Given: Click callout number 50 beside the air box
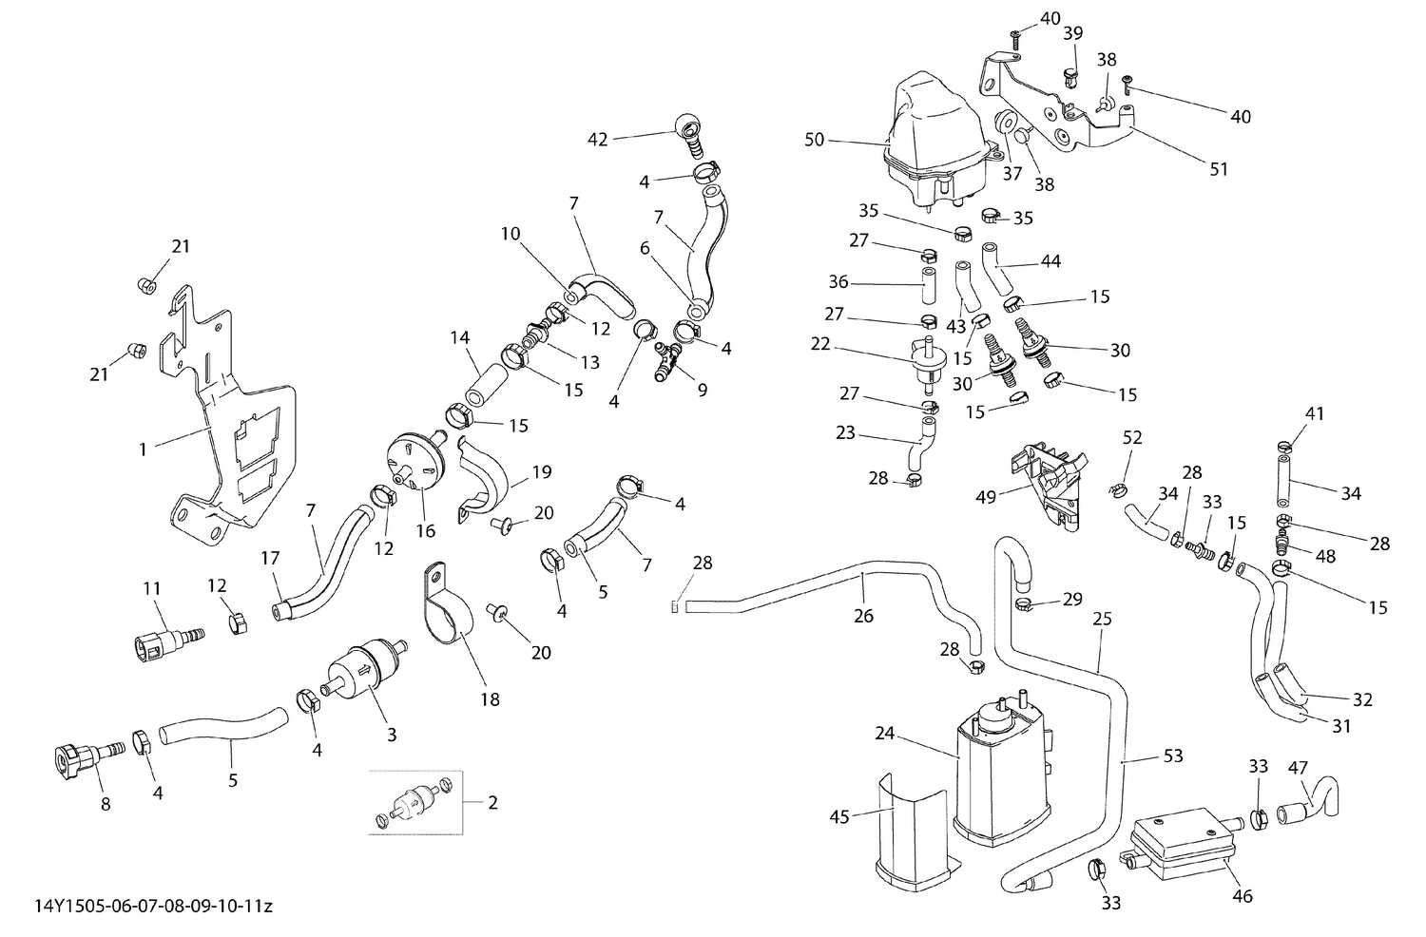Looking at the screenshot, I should [814, 141].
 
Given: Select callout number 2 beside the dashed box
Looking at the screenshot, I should [492, 802].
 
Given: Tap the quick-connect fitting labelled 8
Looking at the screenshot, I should [81, 759].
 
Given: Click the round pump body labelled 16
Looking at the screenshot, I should [416, 460].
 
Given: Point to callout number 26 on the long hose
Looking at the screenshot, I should [863, 616].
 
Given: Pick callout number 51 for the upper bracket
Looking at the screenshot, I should [1220, 169].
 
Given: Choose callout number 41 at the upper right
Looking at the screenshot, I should [1315, 414].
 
